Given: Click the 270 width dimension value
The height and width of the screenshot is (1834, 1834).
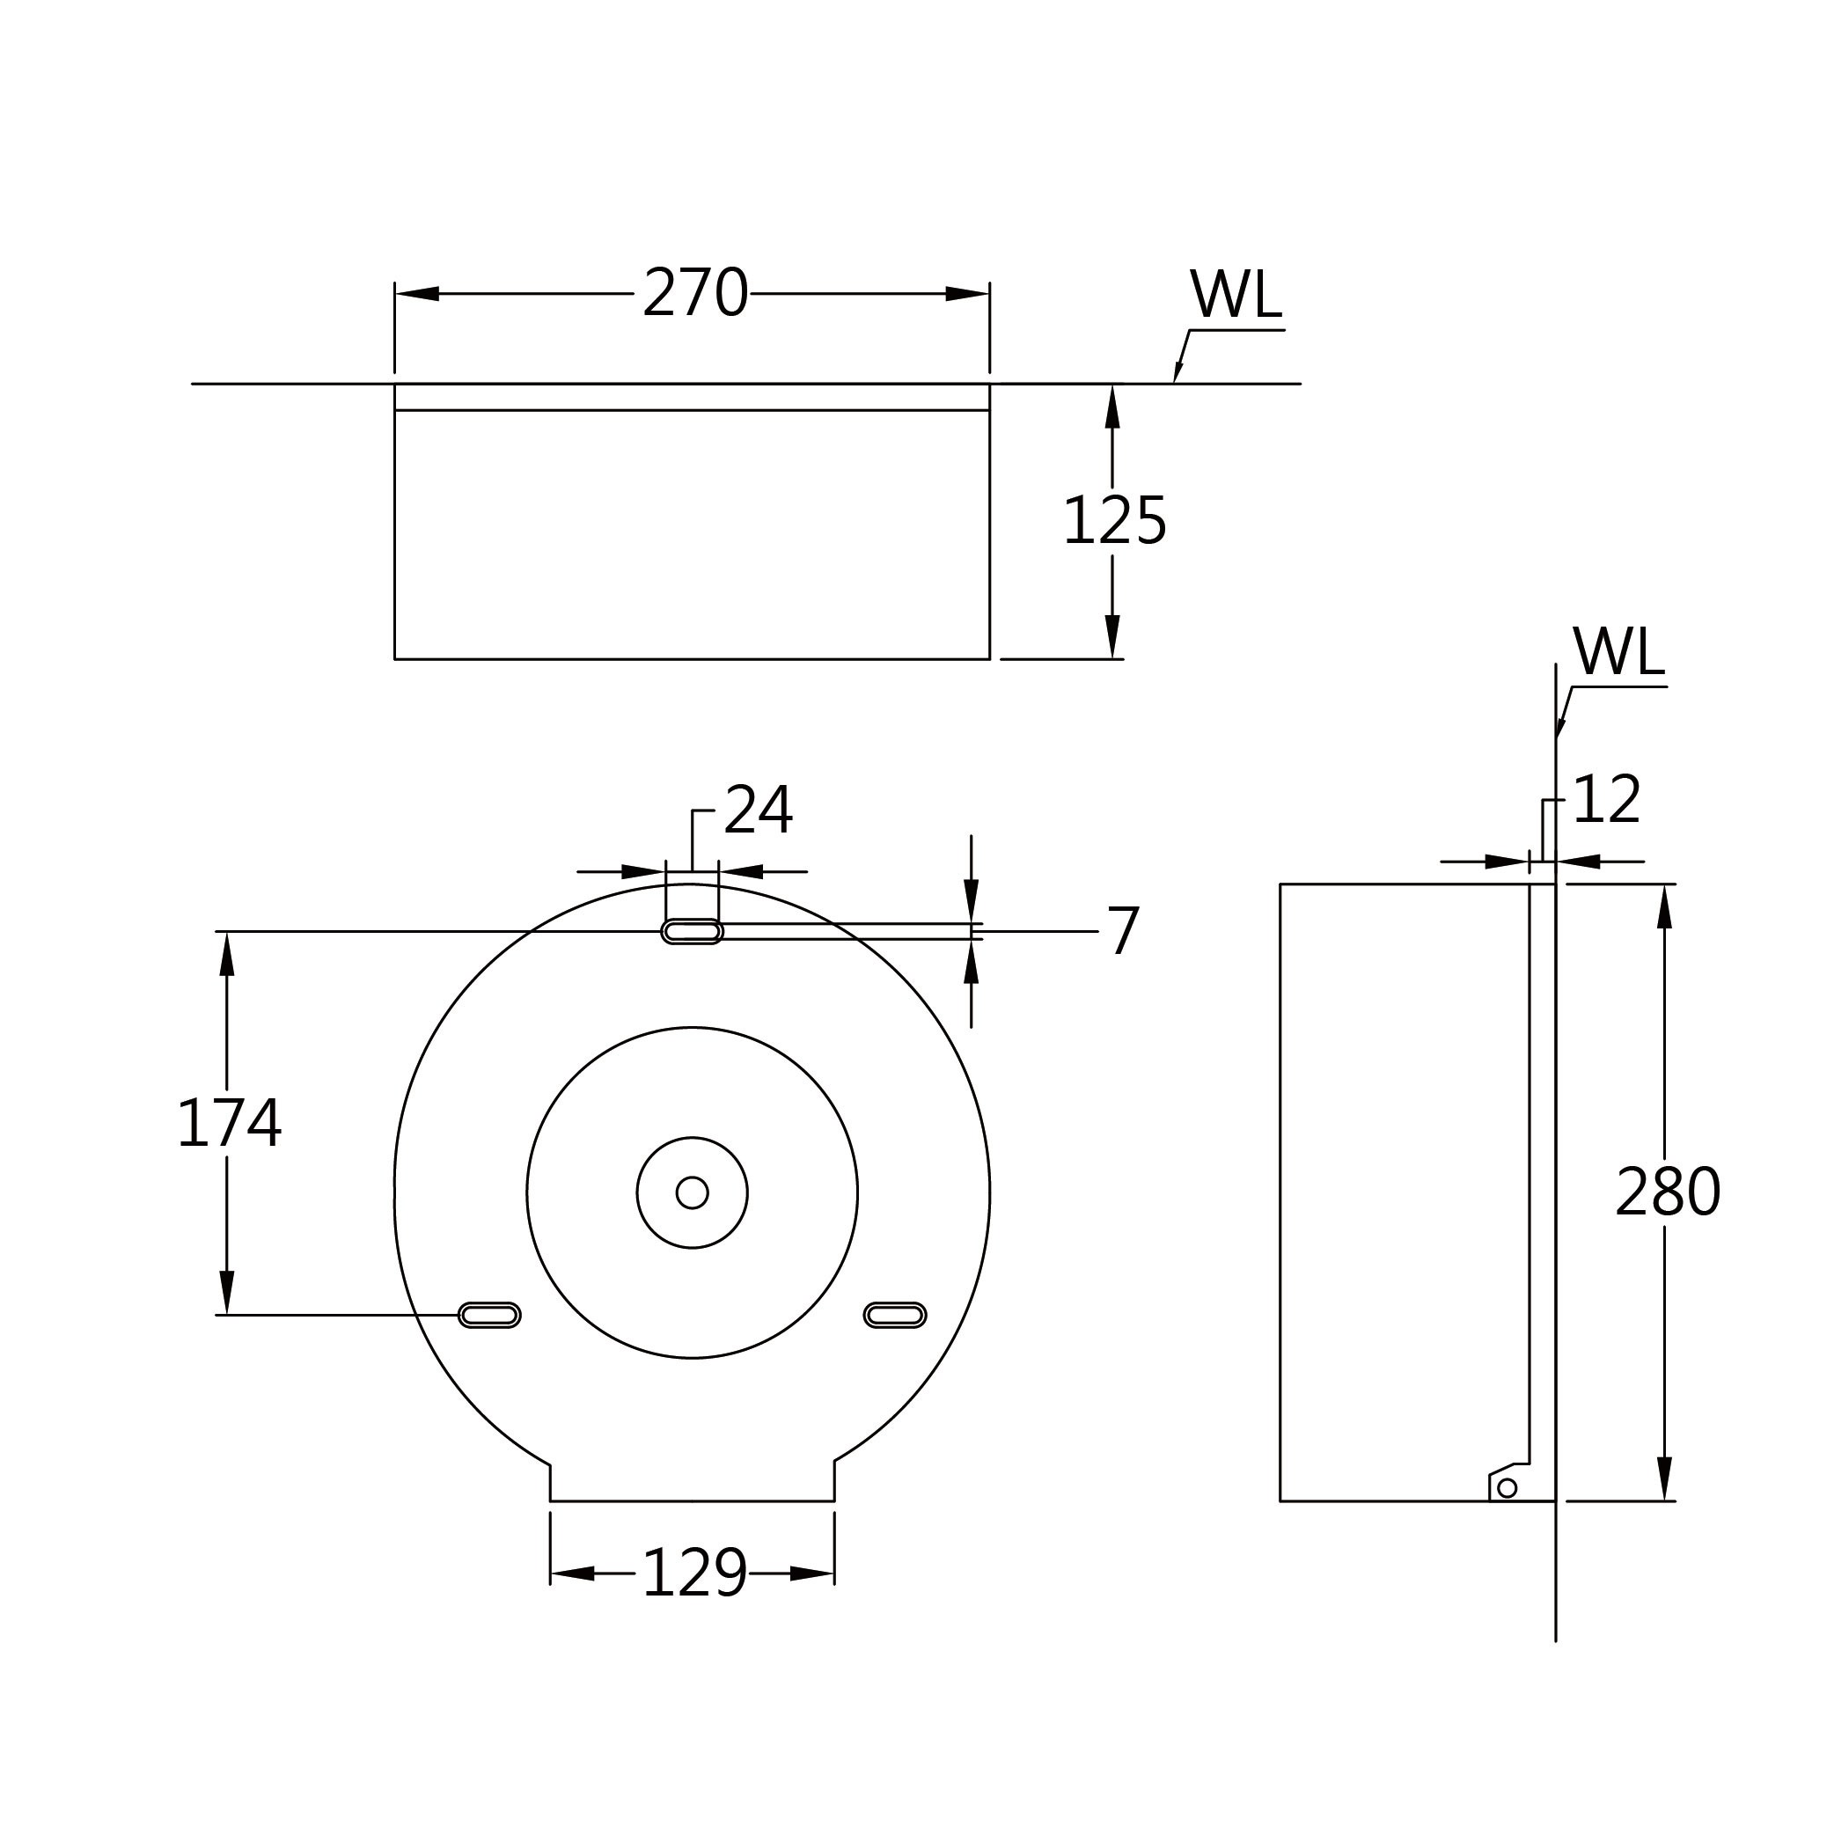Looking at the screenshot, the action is click(696, 292).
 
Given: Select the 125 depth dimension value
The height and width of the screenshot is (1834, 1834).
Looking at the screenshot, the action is click(1114, 520).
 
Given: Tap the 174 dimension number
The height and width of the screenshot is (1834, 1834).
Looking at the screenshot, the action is click(229, 1123).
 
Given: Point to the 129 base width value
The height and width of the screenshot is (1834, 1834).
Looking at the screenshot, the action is click(695, 1574).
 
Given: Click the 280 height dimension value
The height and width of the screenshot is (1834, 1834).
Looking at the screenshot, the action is click(1668, 1192).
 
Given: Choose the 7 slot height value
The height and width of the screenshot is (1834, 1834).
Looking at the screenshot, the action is click(1124, 931).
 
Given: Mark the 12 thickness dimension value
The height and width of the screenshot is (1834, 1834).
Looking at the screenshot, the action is click(1607, 799).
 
